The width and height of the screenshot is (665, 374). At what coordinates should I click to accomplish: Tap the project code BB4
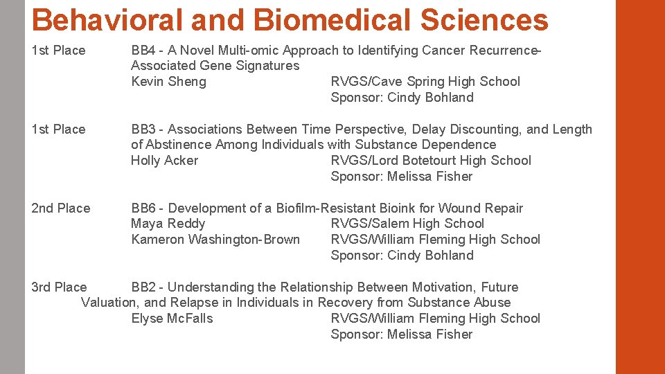143,50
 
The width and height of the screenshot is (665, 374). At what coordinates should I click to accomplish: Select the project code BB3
143,129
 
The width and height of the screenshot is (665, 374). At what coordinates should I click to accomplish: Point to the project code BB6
143,208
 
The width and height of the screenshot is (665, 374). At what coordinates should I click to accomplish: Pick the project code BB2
143,287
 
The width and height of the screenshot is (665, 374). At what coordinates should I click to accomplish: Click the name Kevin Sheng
168,82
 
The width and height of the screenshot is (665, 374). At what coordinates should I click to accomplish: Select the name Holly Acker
164,161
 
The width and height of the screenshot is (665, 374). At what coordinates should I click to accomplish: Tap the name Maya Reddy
168,224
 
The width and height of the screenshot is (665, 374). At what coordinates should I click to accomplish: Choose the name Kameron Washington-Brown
215,240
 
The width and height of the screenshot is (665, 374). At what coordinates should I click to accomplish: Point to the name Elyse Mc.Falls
172,319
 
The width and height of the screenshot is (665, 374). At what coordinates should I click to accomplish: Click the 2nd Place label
61,208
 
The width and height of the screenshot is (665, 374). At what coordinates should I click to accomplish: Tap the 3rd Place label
60,287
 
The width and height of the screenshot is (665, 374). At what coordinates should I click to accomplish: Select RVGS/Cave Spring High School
425,82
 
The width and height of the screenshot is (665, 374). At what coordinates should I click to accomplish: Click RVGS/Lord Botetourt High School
431,161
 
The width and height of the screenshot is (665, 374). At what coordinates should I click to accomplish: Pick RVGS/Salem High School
407,224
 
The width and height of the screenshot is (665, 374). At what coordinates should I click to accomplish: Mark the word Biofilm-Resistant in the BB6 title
326,208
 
